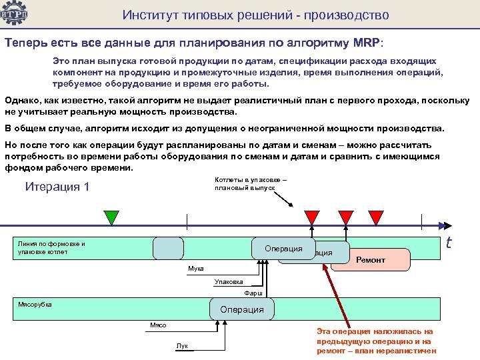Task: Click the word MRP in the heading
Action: coord(363,43)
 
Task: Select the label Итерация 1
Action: coord(57,187)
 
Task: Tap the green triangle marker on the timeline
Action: coord(112,217)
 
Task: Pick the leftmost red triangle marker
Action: coord(312,217)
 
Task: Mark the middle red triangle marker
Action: coord(345,217)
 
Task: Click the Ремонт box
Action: coord(371,259)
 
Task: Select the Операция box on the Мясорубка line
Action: coord(241,309)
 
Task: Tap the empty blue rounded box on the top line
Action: coord(168,248)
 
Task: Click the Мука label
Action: coord(196,268)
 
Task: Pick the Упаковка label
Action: coord(229,281)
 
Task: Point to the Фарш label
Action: coord(253,293)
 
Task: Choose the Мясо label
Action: coord(158,325)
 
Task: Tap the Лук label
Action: coord(182,345)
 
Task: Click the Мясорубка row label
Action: coord(35,304)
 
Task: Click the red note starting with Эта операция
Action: coord(376,340)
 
